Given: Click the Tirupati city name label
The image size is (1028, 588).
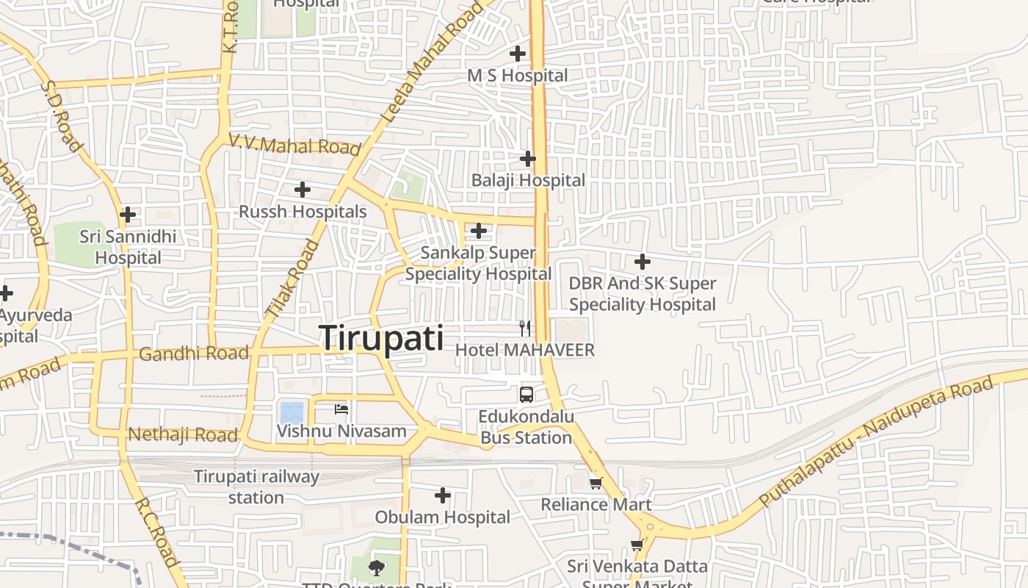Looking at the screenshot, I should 382,339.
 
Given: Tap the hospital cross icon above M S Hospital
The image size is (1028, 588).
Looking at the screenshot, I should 518,54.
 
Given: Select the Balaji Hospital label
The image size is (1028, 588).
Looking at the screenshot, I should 529,180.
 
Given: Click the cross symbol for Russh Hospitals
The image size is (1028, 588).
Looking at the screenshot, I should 303,190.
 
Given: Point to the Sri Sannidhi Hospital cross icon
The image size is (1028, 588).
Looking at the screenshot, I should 128,215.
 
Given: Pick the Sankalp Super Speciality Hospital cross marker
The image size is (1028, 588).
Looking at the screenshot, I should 479,232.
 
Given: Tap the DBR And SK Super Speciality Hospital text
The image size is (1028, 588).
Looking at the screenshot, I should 642,294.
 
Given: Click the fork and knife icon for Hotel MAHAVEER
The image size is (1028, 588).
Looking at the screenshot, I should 525,328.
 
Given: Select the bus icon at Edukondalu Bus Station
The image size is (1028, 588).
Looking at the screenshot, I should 526,395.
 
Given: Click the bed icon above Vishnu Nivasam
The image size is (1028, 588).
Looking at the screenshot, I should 341,409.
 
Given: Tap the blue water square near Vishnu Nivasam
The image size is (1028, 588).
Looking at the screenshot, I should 292,412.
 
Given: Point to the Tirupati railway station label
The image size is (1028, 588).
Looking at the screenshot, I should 256,487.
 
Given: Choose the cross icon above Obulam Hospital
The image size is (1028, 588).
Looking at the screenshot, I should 443,496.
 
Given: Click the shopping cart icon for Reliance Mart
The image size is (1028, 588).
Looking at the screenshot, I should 596,483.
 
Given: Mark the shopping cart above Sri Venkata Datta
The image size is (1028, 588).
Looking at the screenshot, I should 637,545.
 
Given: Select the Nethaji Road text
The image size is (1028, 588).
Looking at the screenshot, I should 184,434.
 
